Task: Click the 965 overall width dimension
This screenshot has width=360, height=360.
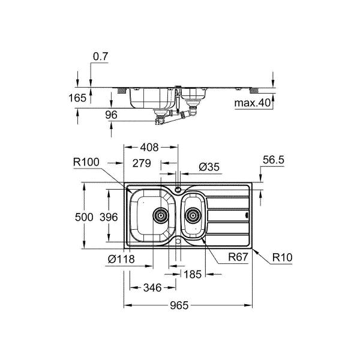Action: (x=179, y=305)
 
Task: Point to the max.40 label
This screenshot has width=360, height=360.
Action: (x=251, y=103)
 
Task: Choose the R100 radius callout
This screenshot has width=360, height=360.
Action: (x=87, y=161)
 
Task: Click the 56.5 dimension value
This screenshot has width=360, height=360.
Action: (x=273, y=161)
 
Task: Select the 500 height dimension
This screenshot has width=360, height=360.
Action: (x=84, y=217)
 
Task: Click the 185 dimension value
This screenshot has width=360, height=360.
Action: (x=192, y=274)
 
